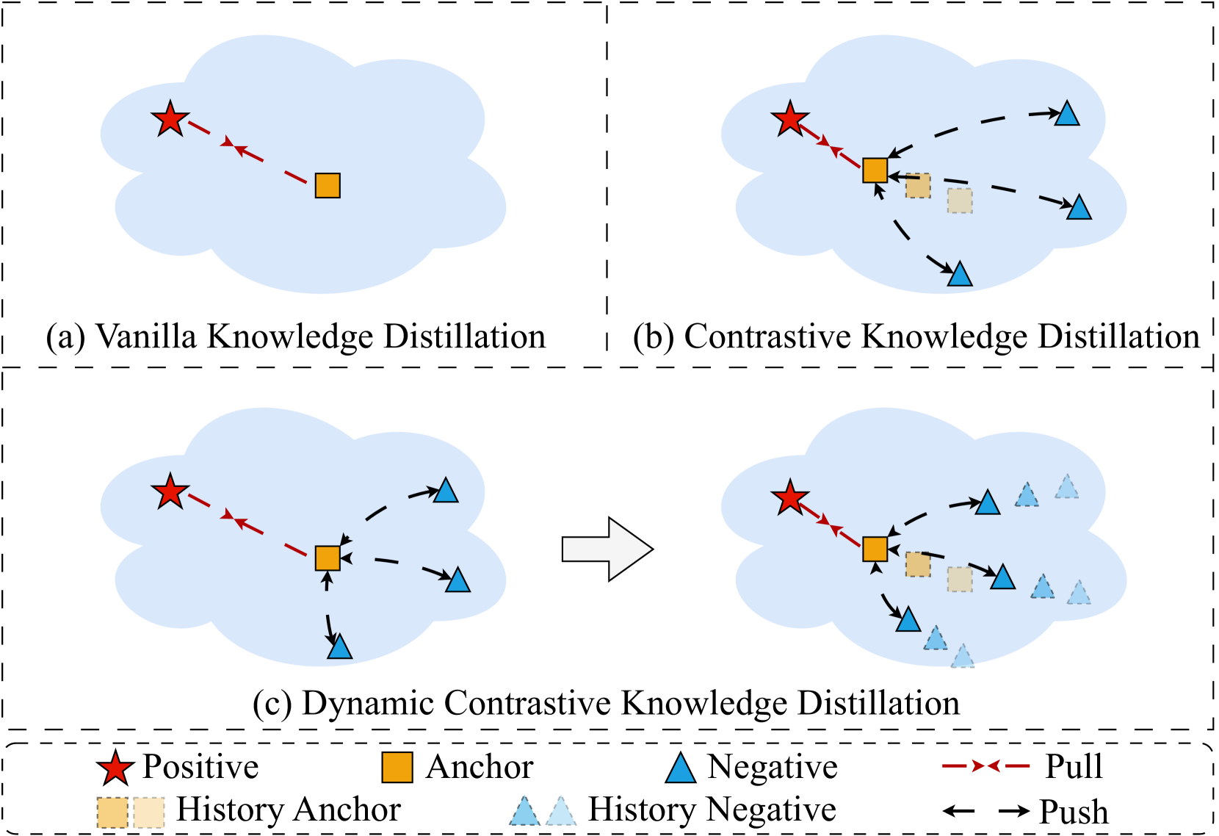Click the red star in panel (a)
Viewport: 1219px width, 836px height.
point(170,119)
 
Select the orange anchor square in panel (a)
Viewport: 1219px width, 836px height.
point(328,185)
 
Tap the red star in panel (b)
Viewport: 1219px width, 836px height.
point(790,119)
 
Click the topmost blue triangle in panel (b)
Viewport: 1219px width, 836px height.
point(1066,115)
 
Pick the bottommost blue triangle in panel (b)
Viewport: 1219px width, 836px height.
point(960,275)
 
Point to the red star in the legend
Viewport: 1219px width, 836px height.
point(115,768)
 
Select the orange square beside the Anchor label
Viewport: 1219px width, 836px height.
point(397,767)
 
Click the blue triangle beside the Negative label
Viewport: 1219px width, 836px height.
point(681,768)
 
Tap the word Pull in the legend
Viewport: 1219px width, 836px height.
point(1074,766)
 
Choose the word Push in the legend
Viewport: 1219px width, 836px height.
point(1074,812)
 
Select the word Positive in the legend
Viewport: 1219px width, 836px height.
point(200,766)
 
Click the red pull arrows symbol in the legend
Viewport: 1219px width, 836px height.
point(985,766)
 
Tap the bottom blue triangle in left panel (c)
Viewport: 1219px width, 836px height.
point(340,646)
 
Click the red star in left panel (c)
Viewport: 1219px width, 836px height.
point(170,491)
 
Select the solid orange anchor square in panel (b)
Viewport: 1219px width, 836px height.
point(875,170)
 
